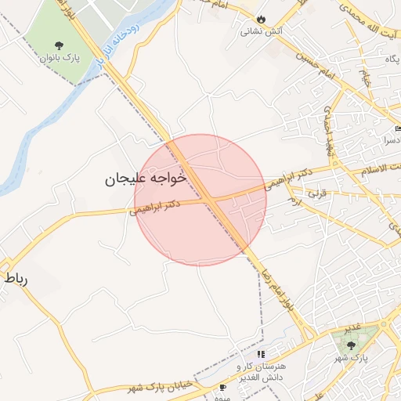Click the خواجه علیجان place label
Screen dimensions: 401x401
pos(146,179)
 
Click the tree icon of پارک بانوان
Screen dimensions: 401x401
pos(60,44)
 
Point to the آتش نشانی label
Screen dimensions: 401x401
pos(261,32)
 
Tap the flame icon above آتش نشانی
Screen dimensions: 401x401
pos(261,20)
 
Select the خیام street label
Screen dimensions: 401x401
pos(364,76)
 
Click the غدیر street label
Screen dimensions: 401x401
pos(353,325)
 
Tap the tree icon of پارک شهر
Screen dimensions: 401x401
pos(350,344)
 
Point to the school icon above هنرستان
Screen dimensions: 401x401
pos(260,355)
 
